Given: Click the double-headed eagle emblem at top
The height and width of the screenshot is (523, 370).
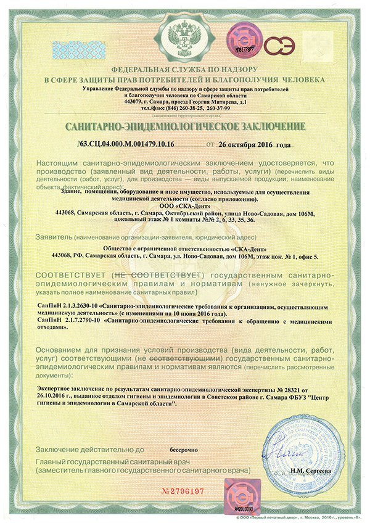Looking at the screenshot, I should coord(185,36).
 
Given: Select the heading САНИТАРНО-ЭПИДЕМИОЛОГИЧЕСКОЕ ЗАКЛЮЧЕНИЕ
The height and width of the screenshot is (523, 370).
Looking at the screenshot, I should coord(185,127).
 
